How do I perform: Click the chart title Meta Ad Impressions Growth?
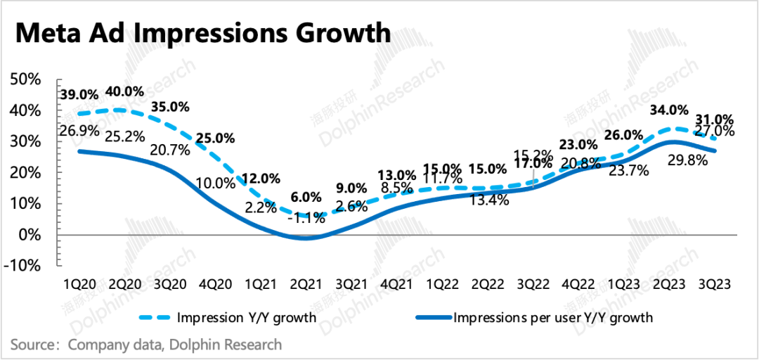(x=202, y=33)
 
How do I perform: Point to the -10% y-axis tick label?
(x=26, y=265)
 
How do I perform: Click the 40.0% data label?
(x=124, y=92)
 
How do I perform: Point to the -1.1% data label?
(x=307, y=218)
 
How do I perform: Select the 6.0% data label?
(x=306, y=198)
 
